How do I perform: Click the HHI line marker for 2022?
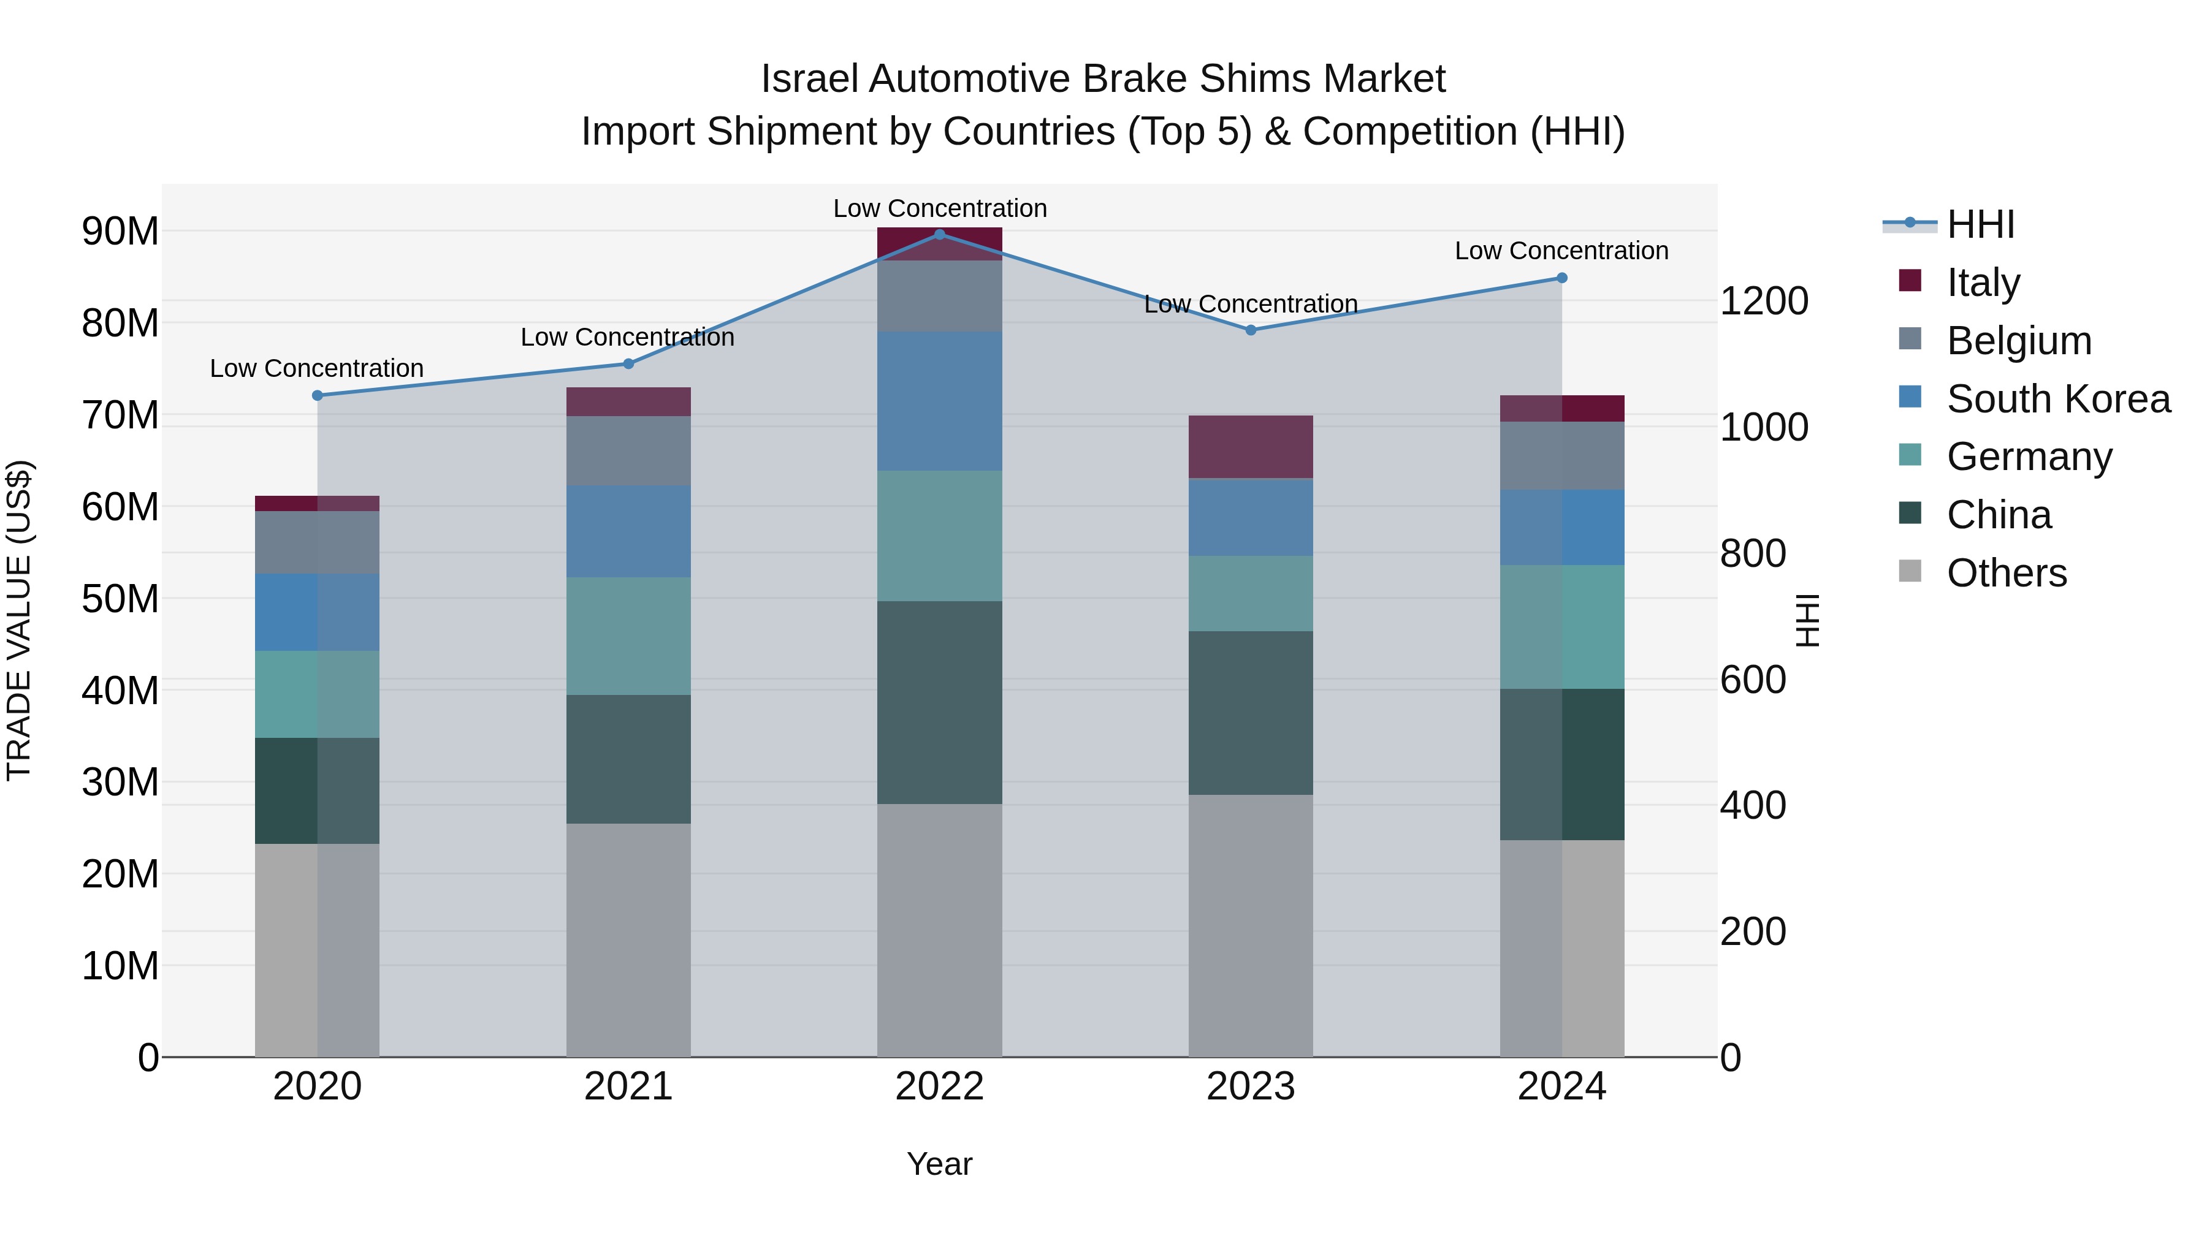[x=939, y=234]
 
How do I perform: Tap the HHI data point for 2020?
[x=317, y=396]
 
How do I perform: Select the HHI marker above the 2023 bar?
[x=1250, y=330]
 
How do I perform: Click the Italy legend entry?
[x=1983, y=283]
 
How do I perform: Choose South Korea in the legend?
[x=2058, y=399]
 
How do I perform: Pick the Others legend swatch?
[x=1910, y=571]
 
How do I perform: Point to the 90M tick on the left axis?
[x=120, y=231]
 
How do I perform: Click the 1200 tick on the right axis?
[x=1763, y=302]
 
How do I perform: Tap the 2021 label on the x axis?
[x=628, y=1087]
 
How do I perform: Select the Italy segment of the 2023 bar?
[x=1250, y=447]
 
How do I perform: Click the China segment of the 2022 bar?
[x=939, y=702]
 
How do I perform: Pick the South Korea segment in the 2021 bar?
[x=628, y=531]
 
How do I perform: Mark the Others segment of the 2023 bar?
[x=1250, y=925]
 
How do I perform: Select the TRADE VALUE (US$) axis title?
[x=19, y=620]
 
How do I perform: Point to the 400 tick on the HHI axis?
[x=1753, y=806]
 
